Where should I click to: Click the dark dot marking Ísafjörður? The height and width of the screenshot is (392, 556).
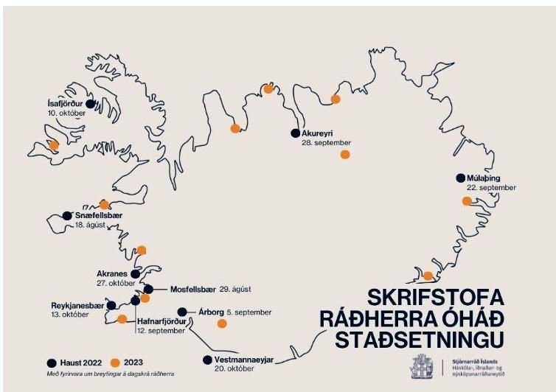[90, 104]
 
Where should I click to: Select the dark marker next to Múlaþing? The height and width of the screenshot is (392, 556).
[461, 178]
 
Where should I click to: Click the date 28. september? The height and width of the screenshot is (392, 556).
[326, 143]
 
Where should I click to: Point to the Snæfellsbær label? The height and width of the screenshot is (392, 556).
[98, 216]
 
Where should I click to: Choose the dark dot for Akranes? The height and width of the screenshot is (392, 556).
[135, 273]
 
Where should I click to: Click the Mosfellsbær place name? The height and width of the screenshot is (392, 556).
[192, 289]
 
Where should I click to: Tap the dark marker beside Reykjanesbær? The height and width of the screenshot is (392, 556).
[111, 305]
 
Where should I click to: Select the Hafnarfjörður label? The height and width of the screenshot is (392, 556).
[161, 321]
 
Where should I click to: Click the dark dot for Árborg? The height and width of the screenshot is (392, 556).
[182, 312]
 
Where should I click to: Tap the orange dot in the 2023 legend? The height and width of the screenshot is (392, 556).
[114, 363]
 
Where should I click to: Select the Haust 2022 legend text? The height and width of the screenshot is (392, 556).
[80, 363]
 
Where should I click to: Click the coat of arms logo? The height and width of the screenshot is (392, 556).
[424, 366]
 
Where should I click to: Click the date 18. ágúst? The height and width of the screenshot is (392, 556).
[91, 225]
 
